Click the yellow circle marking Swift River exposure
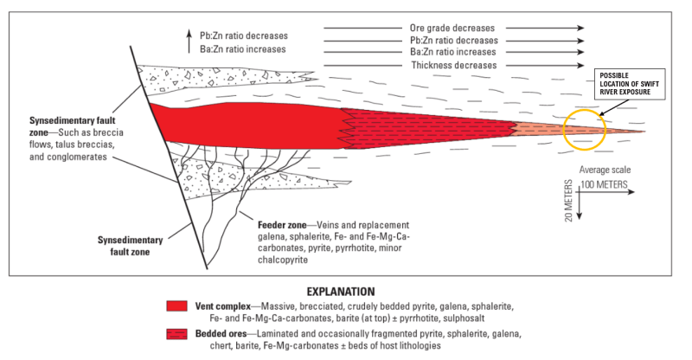(x=564, y=130)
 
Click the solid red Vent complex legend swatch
(x=177, y=306)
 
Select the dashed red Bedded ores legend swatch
(x=177, y=334)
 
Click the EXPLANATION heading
(x=341, y=292)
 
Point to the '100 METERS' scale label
(x=604, y=184)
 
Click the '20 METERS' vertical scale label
(x=568, y=201)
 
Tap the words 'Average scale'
(x=605, y=170)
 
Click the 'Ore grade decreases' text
(x=452, y=28)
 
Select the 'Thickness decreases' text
(x=453, y=65)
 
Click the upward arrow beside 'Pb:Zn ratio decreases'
(x=189, y=41)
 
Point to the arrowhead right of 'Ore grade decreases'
(x=580, y=28)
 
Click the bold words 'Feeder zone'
(x=282, y=225)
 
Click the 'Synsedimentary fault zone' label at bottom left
(x=131, y=246)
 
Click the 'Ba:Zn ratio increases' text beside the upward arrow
(x=243, y=49)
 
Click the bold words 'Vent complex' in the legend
(x=223, y=306)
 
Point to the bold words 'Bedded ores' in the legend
(x=221, y=333)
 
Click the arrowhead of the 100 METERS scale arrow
(x=631, y=192)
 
